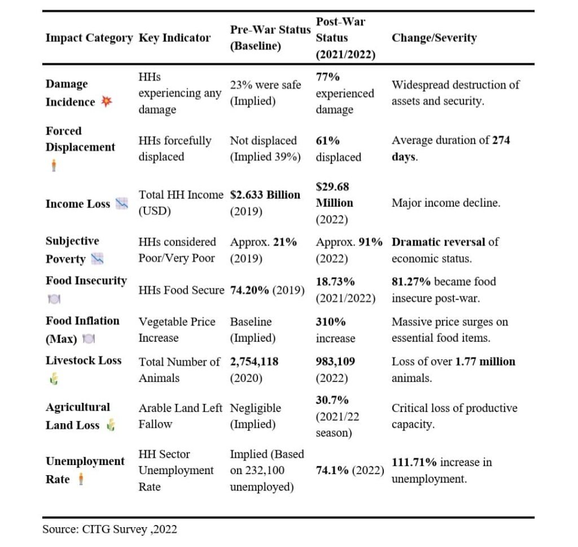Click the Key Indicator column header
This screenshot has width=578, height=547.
coord(174,38)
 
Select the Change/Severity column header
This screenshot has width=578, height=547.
coord(433,38)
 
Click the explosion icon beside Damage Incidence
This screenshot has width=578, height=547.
coord(106,102)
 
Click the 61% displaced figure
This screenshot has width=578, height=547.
coord(327,141)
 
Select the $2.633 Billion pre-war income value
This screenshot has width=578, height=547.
coord(265,195)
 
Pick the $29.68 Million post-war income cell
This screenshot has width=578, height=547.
coord(334,195)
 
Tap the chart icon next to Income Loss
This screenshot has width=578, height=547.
coord(122,204)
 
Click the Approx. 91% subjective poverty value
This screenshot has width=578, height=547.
coord(349,242)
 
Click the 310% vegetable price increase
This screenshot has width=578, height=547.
coord(328,322)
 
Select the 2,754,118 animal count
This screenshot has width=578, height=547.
coord(254,362)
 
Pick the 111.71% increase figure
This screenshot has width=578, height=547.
coord(414,462)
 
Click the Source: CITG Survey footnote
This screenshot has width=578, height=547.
coord(110,529)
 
